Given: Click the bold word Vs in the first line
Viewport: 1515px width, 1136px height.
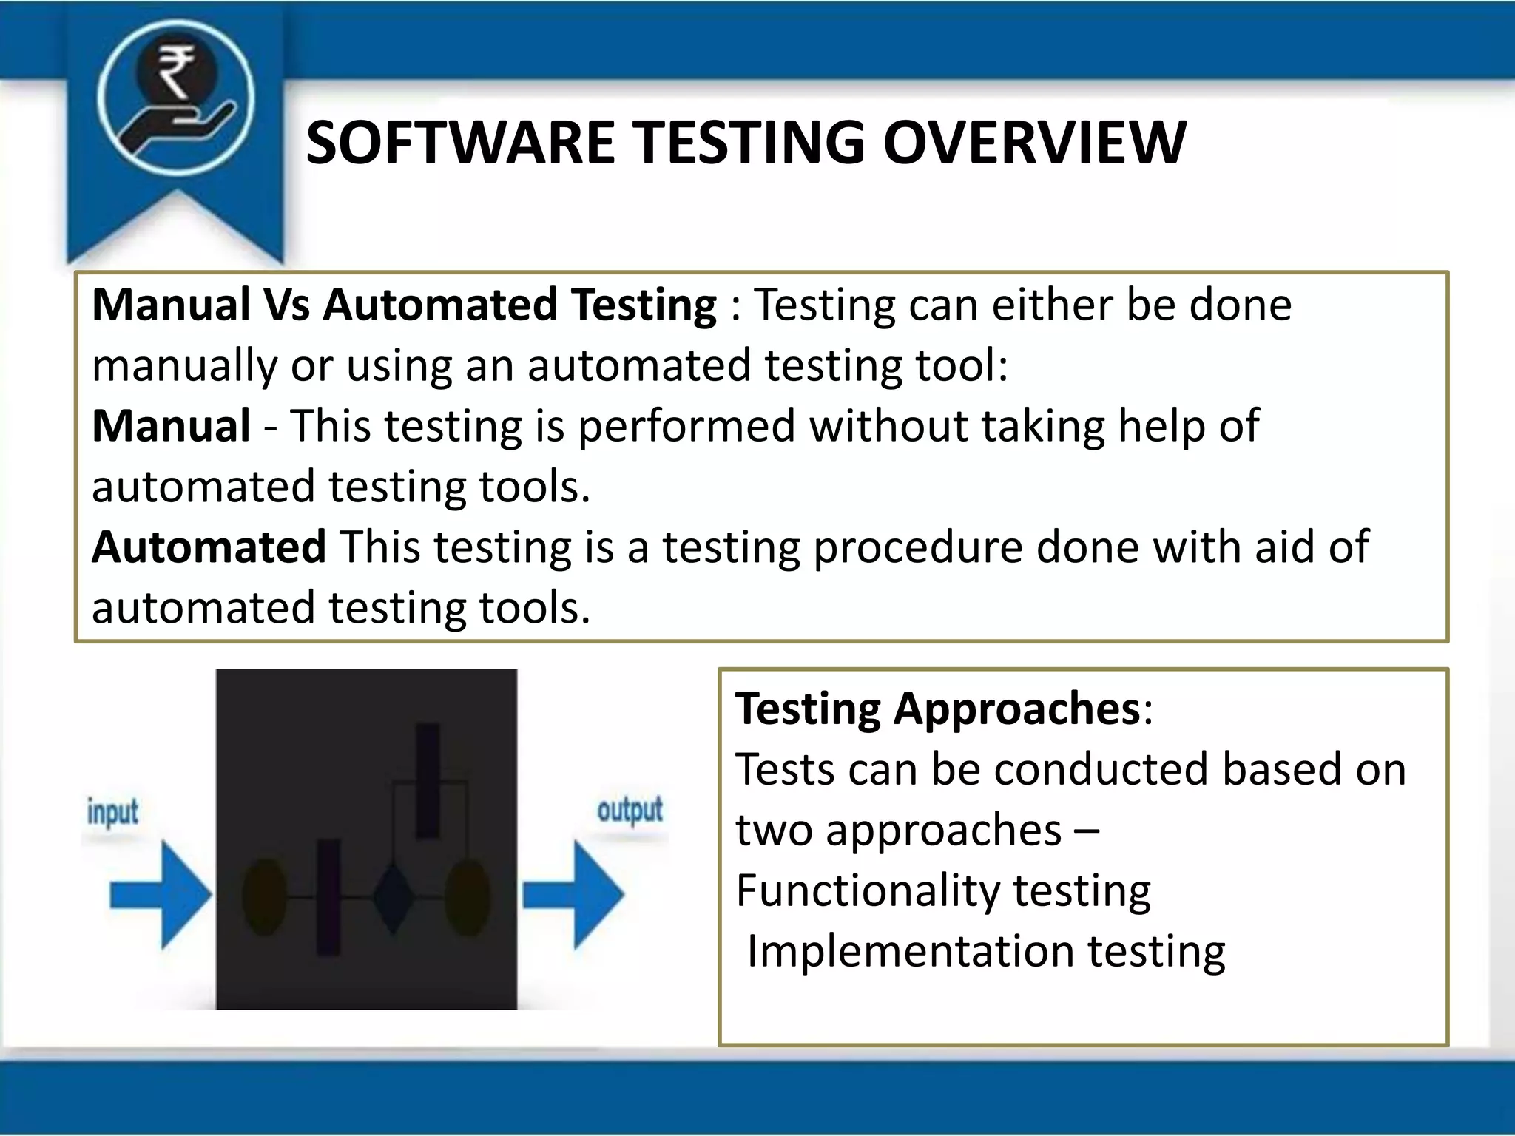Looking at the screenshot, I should coord(286,305).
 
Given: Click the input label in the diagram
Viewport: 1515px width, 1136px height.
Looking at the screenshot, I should coord(112,812).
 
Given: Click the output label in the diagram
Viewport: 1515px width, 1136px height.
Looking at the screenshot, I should coord(630,811).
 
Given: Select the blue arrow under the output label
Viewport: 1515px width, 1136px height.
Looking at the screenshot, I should coord(574,895).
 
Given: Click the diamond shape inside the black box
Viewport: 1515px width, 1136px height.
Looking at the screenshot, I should coord(391,896).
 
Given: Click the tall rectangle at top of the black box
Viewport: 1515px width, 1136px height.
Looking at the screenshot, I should coord(428,780).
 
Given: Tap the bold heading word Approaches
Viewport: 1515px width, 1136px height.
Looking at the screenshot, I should coord(1016,709).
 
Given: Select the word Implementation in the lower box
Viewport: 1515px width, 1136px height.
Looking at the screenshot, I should coord(910,951).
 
